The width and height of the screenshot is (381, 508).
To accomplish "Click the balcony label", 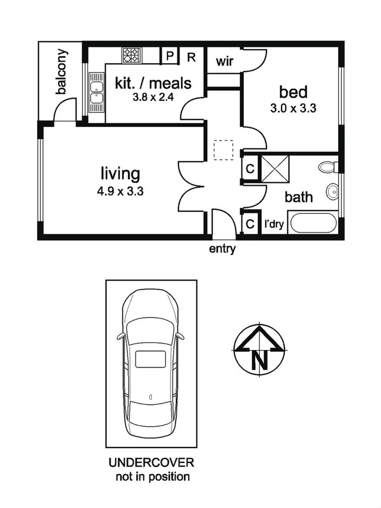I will click(62, 72).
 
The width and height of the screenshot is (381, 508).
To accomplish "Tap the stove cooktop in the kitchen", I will click(132, 55).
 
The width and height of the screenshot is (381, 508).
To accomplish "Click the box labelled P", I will click(169, 56).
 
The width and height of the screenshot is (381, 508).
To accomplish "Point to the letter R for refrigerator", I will click(191, 56).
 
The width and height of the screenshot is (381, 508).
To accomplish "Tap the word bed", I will click(293, 92).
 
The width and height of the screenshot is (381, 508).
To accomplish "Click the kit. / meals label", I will click(153, 84).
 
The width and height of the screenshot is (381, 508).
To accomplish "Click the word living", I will click(120, 173).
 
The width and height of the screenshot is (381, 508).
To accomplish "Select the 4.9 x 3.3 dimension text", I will click(120, 191).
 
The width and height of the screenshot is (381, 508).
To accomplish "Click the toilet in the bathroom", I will click(327, 168).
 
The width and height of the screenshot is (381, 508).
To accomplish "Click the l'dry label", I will click(274, 225).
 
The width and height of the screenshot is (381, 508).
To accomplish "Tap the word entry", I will click(222, 249).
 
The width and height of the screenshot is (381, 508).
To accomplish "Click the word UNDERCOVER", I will click(151, 463).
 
